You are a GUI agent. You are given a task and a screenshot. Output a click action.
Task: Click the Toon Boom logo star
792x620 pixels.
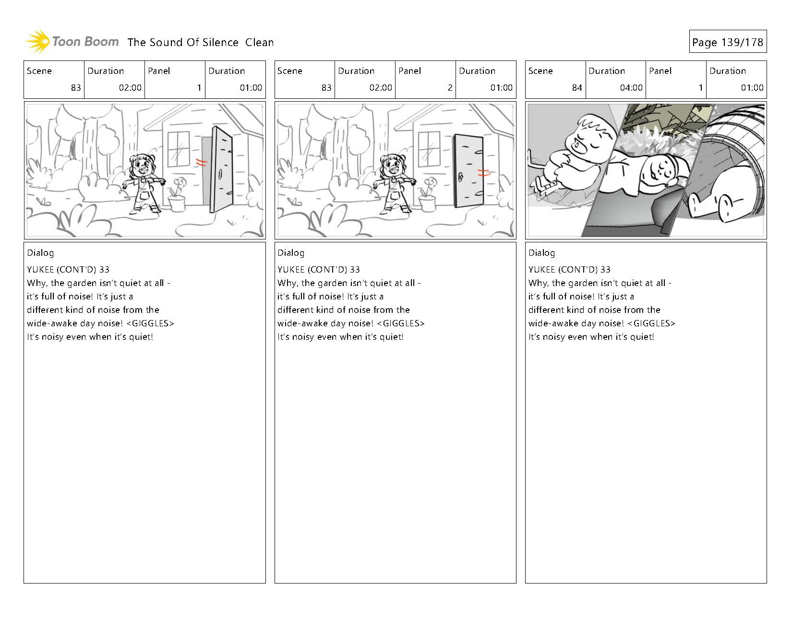[x=37, y=42]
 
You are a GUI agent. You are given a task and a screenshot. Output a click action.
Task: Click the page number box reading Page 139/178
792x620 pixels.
[x=727, y=42]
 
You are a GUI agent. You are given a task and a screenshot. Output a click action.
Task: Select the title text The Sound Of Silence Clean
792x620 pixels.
[x=200, y=42]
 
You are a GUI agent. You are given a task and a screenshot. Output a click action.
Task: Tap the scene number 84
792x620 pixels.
[x=576, y=88]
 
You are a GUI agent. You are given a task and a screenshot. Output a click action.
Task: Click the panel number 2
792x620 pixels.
[x=449, y=88]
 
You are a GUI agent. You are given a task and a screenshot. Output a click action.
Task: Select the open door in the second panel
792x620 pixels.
[x=468, y=171]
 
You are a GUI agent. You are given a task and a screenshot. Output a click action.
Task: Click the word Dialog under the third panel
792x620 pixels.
[x=541, y=253]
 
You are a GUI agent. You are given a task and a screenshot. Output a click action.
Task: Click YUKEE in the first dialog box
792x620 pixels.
[x=40, y=270]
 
